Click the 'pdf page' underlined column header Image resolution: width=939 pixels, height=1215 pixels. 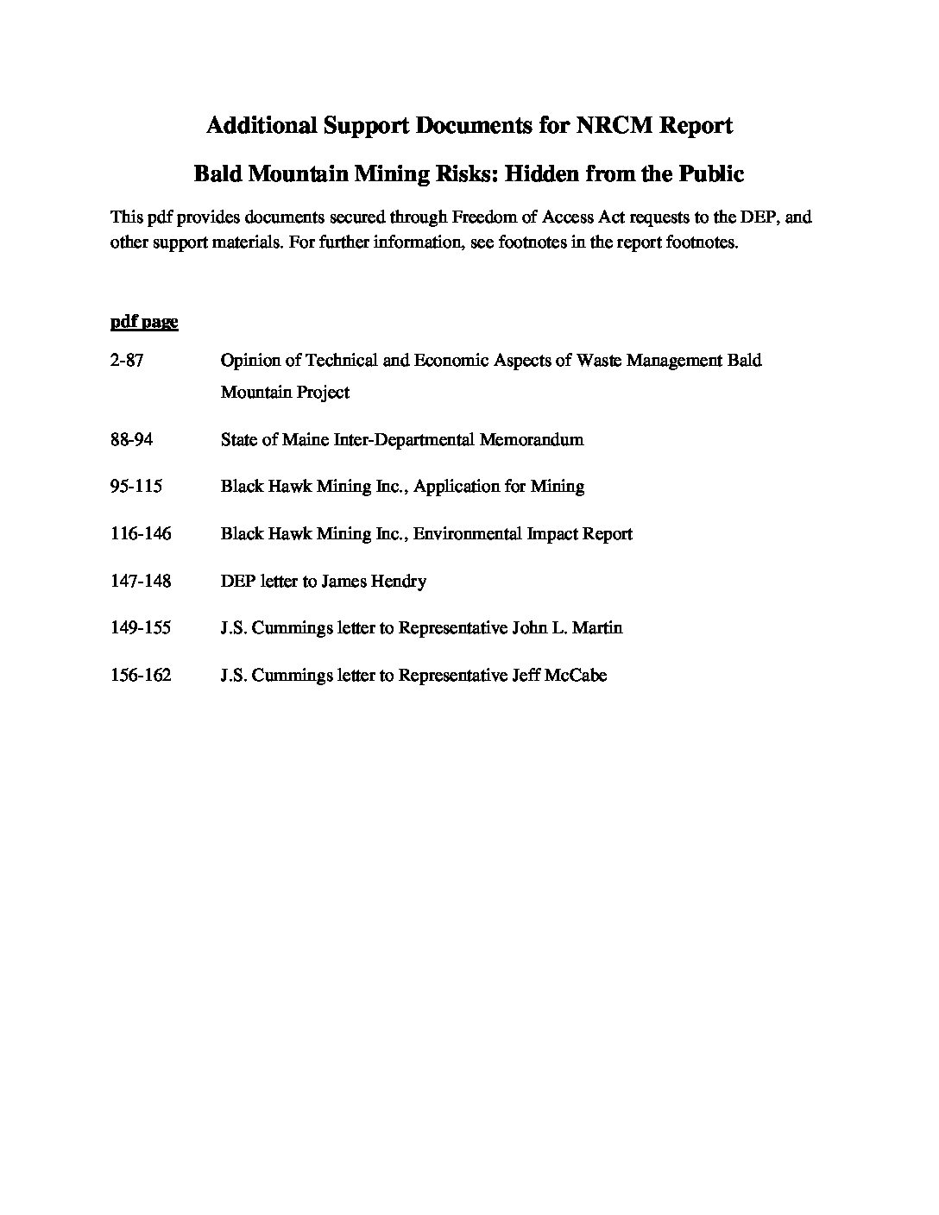(144, 322)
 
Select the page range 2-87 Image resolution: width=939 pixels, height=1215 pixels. (127, 361)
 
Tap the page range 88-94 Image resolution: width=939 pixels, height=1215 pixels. (131, 439)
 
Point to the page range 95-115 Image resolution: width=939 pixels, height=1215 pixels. (136, 486)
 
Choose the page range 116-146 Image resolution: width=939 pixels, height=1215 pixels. (141, 533)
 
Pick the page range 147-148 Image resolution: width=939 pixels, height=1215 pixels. (141, 581)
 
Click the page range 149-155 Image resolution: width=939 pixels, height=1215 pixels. (141, 627)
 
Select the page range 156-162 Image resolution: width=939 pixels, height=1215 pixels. (141, 675)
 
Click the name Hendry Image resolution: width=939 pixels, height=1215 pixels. (398, 581)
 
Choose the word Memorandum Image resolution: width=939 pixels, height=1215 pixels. (531, 439)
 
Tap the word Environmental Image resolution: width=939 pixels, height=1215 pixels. (466, 533)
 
